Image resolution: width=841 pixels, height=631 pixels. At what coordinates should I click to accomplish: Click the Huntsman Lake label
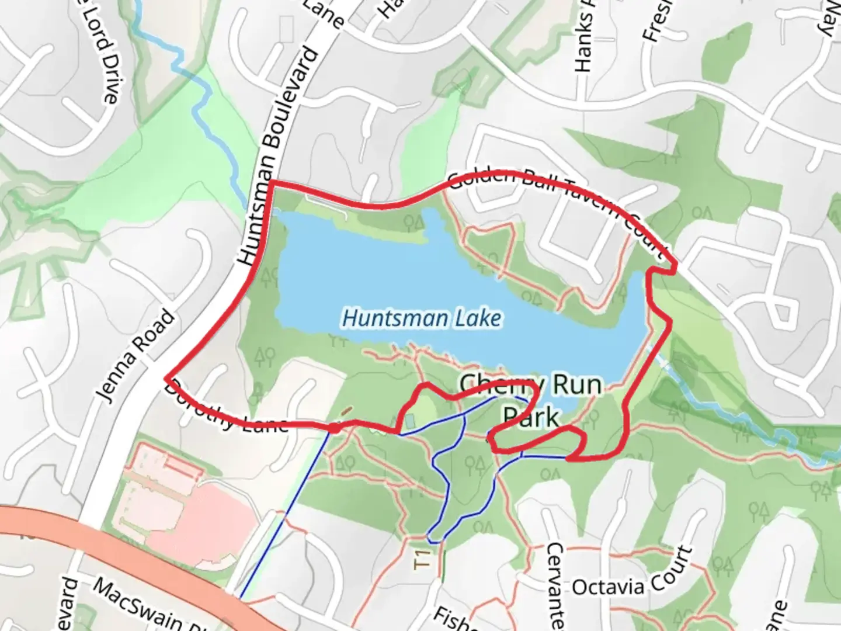tap(421, 318)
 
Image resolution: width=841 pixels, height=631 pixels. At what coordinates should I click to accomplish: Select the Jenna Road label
tap(135, 356)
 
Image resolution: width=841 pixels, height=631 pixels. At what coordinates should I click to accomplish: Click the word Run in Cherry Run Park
tap(576, 386)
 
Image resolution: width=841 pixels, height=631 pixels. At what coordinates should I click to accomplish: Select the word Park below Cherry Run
tap(531, 417)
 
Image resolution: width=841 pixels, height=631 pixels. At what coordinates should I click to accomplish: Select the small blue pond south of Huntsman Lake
tap(409, 420)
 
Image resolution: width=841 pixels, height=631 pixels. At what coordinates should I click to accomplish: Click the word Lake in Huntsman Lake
tap(479, 318)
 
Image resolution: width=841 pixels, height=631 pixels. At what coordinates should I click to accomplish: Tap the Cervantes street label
tap(555, 584)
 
